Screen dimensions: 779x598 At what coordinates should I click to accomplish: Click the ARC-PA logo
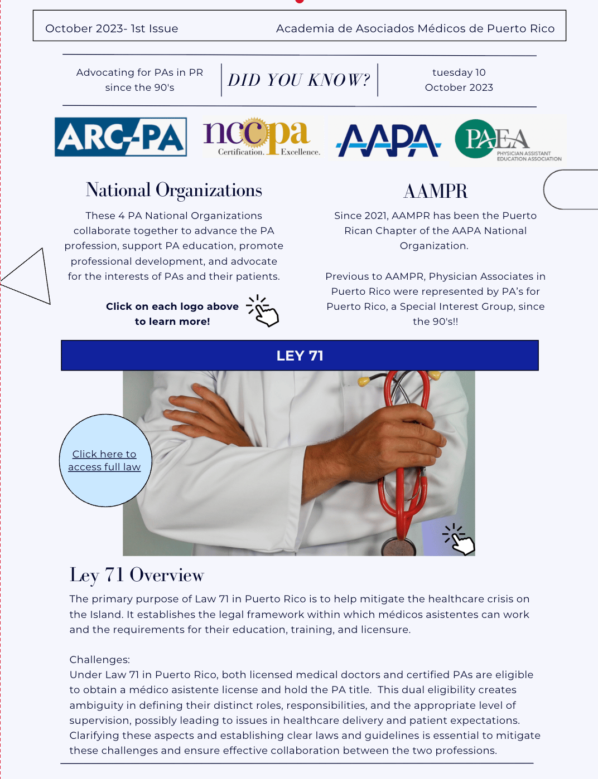(x=120, y=137)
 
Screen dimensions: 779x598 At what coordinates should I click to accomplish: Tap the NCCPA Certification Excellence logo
(x=262, y=137)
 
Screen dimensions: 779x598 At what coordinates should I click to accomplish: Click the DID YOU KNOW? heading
(x=299, y=80)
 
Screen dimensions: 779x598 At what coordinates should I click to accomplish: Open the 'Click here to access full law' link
(x=104, y=460)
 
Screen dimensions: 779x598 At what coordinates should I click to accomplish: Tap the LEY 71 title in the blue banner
(x=300, y=356)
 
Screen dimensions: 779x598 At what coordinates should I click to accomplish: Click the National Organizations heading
(x=173, y=190)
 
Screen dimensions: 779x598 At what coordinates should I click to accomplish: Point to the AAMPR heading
(x=435, y=191)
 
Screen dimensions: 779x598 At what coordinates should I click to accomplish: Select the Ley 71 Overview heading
(x=137, y=574)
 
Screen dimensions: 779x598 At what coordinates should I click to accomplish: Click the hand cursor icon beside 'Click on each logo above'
(x=263, y=311)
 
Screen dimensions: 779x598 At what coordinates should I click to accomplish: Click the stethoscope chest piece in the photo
(x=398, y=546)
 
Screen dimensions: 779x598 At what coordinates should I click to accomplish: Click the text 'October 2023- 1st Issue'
(x=112, y=28)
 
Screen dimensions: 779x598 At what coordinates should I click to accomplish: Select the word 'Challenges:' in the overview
(x=99, y=660)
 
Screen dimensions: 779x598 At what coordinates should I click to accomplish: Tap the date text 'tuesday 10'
(x=459, y=72)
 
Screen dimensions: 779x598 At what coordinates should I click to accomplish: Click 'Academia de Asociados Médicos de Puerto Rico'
(x=415, y=28)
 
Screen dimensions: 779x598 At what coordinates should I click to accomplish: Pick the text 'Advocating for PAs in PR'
(x=139, y=72)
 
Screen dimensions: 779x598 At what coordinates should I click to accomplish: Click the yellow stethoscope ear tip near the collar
(x=364, y=382)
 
